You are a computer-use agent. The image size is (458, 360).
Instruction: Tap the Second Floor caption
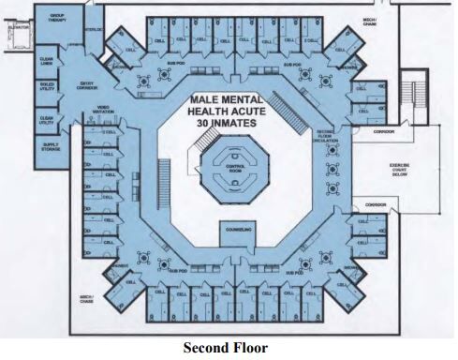(224, 348)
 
